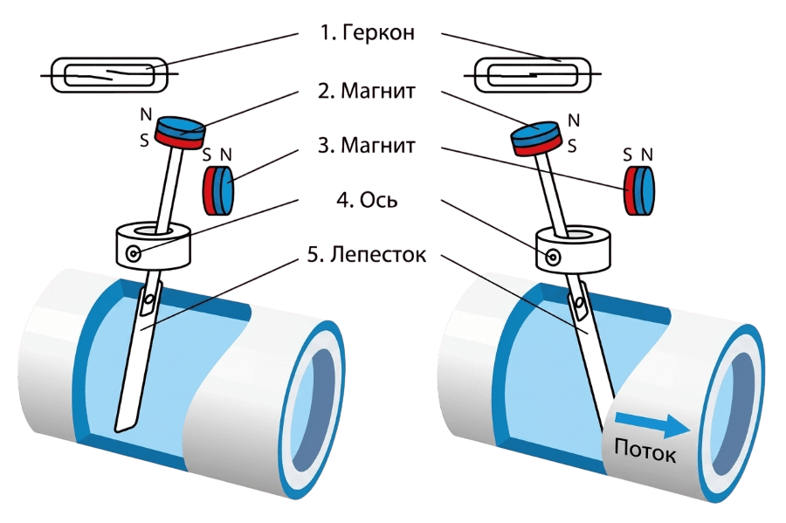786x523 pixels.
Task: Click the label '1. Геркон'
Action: (368, 32)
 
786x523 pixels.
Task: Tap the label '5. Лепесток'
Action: (367, 254)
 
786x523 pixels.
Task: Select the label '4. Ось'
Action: (367, 200)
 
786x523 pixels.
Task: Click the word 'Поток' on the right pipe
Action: (645, 451)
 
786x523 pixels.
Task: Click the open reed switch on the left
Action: (109, 75)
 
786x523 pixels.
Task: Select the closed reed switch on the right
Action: (533, 75)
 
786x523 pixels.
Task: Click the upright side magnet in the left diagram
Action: (218, 190)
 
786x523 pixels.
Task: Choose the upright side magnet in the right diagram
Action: (639, 190)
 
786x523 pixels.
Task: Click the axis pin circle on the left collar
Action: (134, 254)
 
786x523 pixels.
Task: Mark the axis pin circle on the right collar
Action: (553, 258)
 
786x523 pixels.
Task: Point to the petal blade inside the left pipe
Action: (136, 358)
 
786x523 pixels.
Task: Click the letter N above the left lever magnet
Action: (145, 114)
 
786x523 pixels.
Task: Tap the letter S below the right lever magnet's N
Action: (572, 146)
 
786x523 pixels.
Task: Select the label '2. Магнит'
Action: (367, 91)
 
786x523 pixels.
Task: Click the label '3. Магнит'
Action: (367, 145)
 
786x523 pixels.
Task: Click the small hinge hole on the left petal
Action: (147, 301)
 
